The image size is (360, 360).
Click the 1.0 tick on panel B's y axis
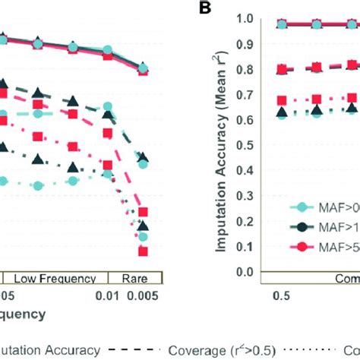[x=242, y=17]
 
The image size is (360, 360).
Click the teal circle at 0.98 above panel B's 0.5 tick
[x=283, y=24]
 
